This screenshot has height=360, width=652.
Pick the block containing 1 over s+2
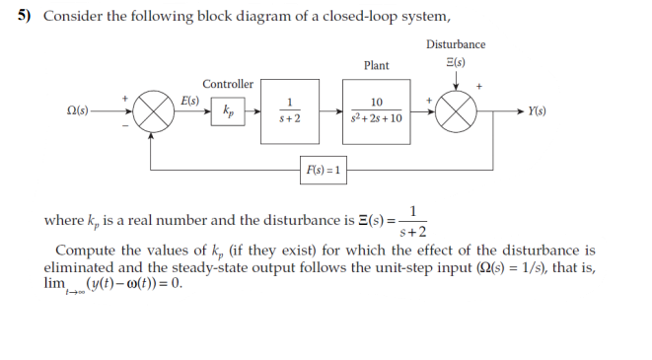tap(289, 109)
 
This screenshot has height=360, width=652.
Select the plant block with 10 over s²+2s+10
tap(376, 109)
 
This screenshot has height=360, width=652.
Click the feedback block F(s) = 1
tap(323, 170)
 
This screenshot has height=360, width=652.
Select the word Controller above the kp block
tap(228, 84)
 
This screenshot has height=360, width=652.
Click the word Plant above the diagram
tap(376, 65)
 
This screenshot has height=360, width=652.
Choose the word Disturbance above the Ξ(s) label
tap(456, 44)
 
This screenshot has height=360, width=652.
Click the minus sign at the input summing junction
tap(124, 125)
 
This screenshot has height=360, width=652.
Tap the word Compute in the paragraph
tap(83, 251)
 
